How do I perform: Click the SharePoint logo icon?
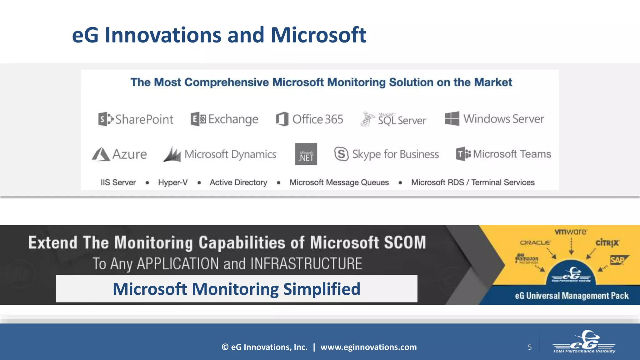[106, 119]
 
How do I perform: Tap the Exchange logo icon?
[198, 119]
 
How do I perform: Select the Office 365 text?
[317, 119]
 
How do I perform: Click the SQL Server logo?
[394, 119]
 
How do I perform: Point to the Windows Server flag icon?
[452, 119]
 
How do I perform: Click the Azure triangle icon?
[101, 154]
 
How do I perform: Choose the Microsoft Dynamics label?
[230, 154]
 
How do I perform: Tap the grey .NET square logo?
[306, 154]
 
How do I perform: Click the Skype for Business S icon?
[341, 154]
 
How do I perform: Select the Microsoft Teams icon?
[463, 154]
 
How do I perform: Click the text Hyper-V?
[173, 182]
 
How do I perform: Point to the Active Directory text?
[238, 182]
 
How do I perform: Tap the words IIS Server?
[118, 182]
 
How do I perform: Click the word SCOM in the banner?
[405, 242]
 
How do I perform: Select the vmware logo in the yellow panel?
[571, 232]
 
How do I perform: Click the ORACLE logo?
[535, 242]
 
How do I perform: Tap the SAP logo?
[618, 260]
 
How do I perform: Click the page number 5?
[530, 347]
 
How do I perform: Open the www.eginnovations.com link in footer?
[368, 347]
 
